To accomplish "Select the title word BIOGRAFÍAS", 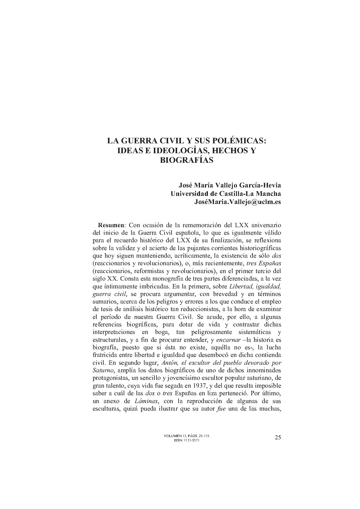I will coord(187,160).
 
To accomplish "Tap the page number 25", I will coord(278,438).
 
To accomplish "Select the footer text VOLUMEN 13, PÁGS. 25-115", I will coord(187,436).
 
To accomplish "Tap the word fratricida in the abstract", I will coord(104,355).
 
